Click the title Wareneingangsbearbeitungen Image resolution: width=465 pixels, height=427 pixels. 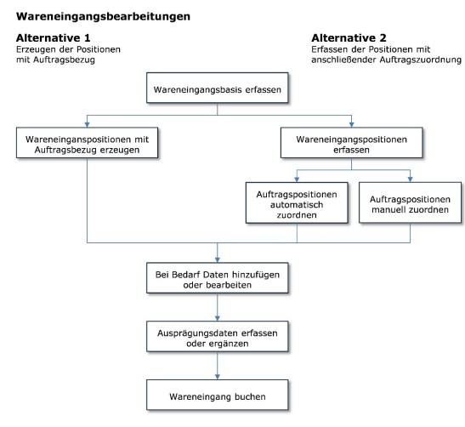pos(103,17)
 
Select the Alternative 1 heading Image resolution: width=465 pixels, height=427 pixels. pos(53,38)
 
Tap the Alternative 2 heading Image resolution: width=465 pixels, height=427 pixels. pos(349,38)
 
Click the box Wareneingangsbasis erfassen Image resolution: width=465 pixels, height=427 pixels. pos(218,88)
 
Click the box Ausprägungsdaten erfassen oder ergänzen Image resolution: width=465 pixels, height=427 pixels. pos(218,337)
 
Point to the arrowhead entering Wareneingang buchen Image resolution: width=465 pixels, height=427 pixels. pos(218,377)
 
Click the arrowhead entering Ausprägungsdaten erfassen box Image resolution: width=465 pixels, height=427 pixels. pos(218,318)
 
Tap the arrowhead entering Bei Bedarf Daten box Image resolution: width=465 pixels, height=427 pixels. pos(218,260)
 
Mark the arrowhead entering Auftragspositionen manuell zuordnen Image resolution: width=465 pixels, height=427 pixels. pos(410,179)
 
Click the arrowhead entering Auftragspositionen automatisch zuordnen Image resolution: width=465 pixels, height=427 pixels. pos(297,179)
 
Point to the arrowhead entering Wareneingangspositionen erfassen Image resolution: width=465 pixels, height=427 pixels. pos(351,125)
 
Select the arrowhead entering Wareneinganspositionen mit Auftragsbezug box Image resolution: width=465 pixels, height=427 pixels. pos(88,125)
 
